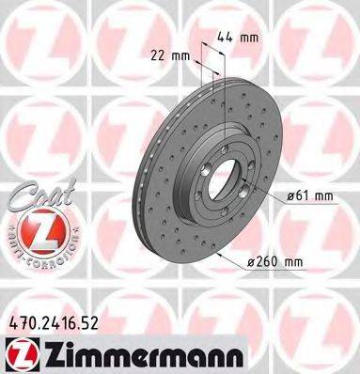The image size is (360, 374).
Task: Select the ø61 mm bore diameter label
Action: tap(310, 195)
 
